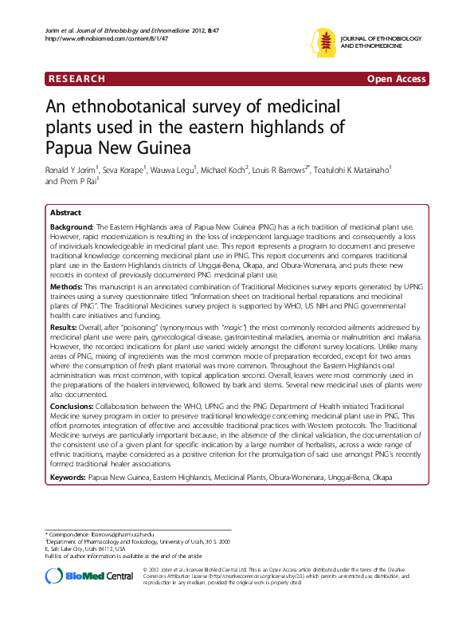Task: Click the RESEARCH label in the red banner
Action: tap(76, 79)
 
